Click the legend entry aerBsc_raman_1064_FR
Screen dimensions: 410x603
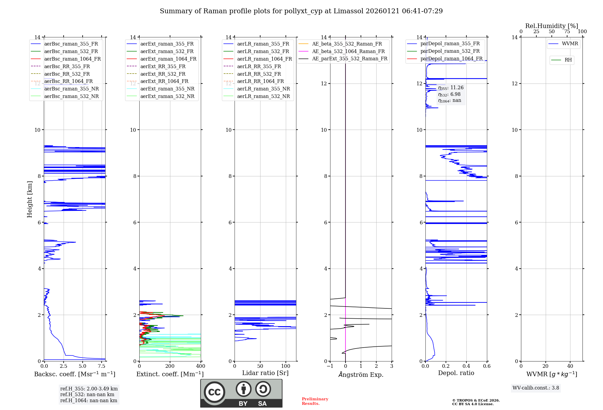72,59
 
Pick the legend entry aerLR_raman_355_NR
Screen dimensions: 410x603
263,89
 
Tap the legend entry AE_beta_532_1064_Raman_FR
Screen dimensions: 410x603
348,52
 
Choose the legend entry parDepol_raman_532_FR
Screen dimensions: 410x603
450,51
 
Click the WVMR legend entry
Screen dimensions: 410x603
570,44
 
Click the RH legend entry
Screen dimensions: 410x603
568,60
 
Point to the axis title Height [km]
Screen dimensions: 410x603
30,199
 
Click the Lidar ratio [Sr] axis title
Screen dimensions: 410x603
265,373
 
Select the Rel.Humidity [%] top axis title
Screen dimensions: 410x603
551,26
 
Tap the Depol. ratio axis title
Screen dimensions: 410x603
456,373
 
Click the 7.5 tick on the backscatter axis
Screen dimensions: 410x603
102,366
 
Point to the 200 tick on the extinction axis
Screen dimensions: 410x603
170,366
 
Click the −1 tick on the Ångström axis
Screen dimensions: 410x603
330,366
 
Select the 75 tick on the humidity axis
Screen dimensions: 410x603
567,32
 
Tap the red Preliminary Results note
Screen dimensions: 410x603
315,401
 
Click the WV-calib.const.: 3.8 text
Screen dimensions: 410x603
536,388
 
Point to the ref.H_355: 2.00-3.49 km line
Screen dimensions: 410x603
89,389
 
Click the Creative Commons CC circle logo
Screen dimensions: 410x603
214,392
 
